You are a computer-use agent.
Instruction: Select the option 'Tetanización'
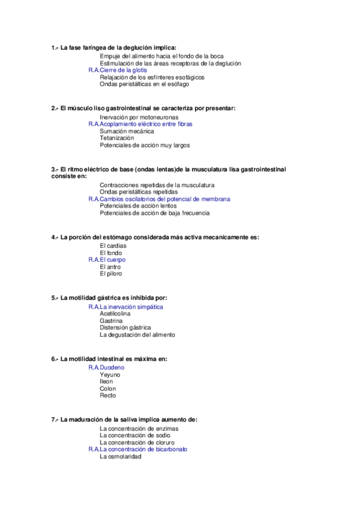pyautogui.click(x=113, y=138)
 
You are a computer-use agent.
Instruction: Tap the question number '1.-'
pyautogui.click(x=55, y=48)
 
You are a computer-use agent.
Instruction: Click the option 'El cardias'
pyautogui.click(x=112, y=246)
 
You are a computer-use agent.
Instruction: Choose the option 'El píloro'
pyautogui.click(x=111, y=274)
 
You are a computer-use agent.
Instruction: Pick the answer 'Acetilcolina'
pyautogui.click(x=115, y=313)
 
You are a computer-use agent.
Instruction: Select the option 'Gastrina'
pyautogui.click(x=111, y=321)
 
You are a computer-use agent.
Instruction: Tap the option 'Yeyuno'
pyautogui.click(x=110, y=374)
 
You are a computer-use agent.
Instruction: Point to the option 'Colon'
pyautogui.click(x=108, y=389)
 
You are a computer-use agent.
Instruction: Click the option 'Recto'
pyautogui.click(x=108, y=396)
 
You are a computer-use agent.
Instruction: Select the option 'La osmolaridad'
pyautogui.click(x=120, y=456)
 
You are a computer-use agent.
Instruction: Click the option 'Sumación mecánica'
pyautogui.click(x=127, y=131)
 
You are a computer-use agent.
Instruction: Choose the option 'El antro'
pyautogui.click(x=111, y=266)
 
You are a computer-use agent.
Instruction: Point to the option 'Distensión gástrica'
pyautogui.click(x=125, y=328)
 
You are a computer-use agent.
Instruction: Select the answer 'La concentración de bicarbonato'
pyautogui.click(x=144, y=449)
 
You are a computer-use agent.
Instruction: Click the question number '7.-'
pyautogui.click(x=55, y=419)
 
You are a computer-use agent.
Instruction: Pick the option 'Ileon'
pyautogui.click(x=106, y=381)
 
